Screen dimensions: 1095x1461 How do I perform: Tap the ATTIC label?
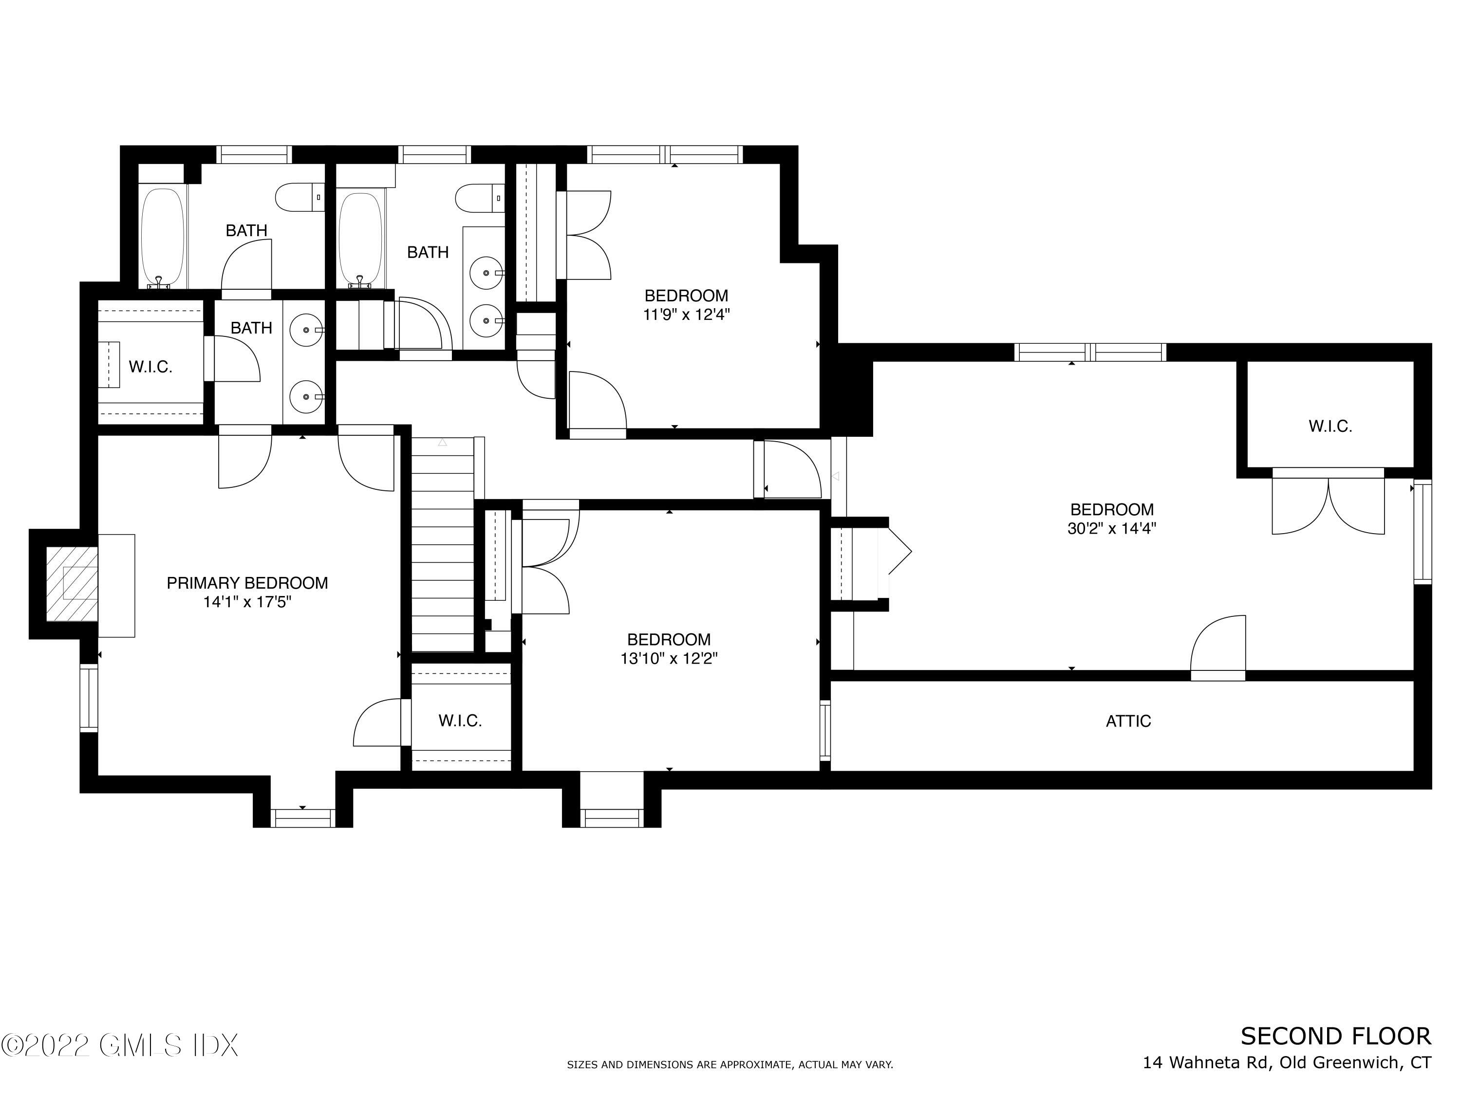tap(1128, 721)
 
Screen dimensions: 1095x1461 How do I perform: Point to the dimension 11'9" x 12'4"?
tap(686, 315)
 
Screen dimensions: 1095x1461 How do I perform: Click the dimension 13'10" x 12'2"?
tap(669, 658)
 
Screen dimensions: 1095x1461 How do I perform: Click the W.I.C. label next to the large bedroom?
tap(1330, 427)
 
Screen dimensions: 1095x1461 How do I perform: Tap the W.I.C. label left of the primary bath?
tap(150, 367)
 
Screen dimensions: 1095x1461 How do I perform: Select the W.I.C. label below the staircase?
tap(460, 721)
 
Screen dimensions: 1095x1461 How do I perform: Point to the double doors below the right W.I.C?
tap(1328, 505)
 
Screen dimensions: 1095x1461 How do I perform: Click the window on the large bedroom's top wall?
tap(1090, 352)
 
